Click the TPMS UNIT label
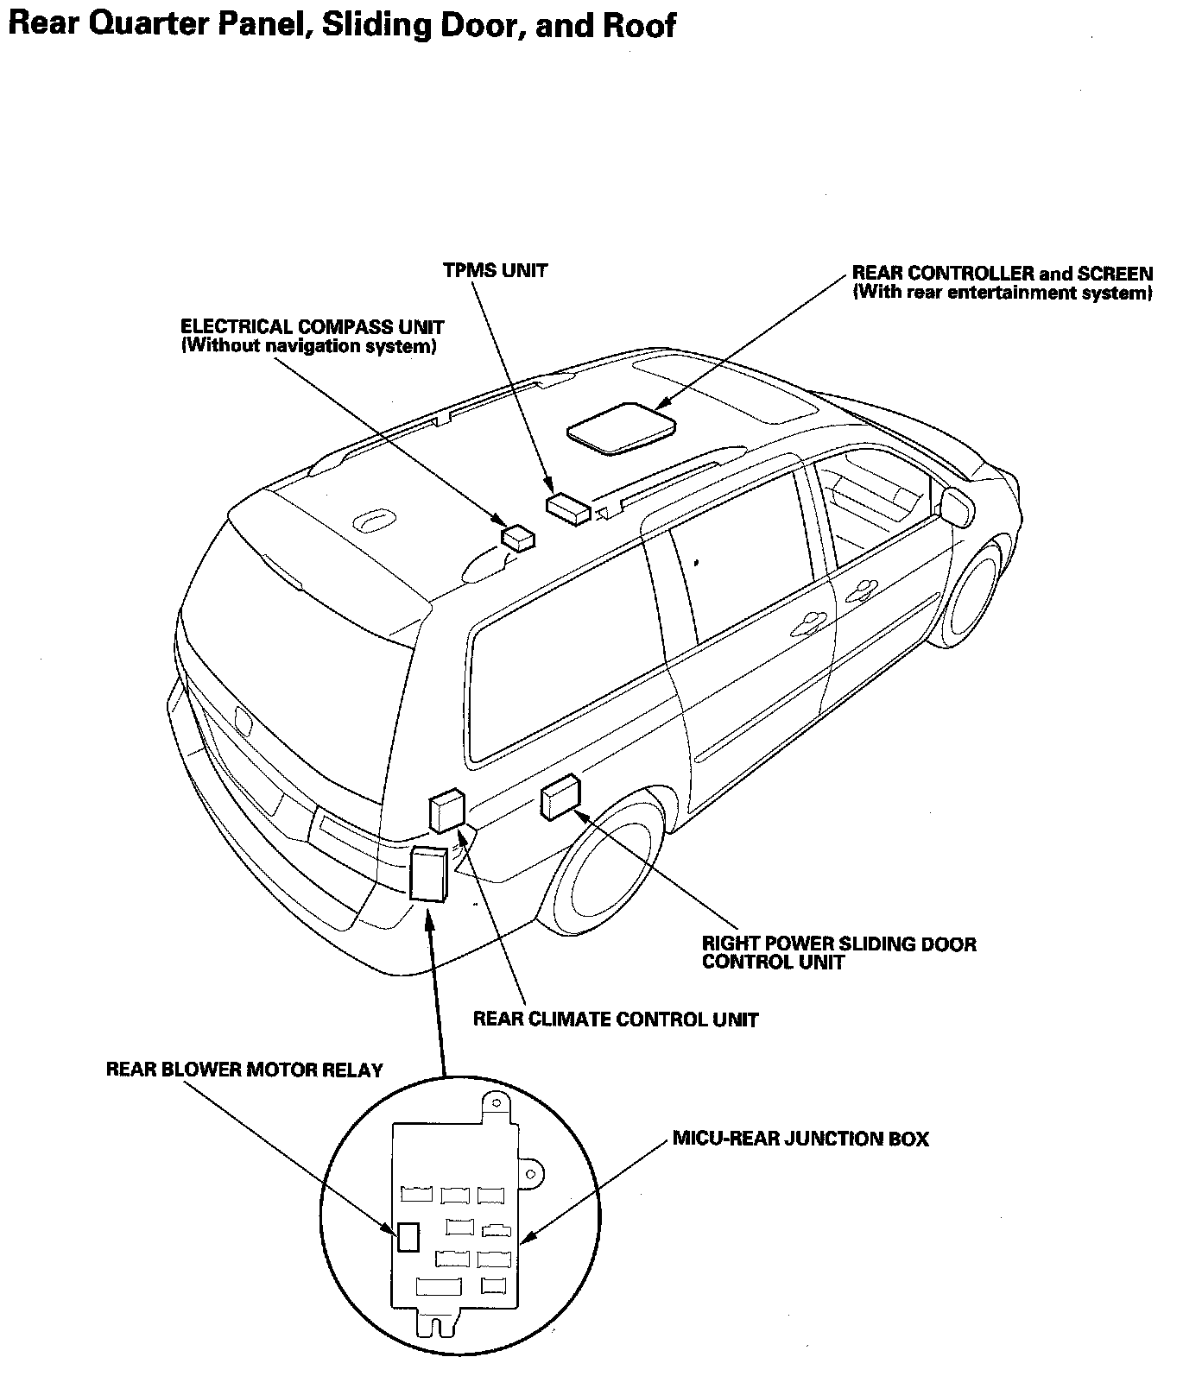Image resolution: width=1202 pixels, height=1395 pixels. pyautogui.click(x=495, y=270)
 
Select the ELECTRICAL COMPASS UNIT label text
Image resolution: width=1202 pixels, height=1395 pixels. pyautogui.click(x=313, y=327)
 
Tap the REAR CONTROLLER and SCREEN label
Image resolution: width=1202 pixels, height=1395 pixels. pyautogui.click(x=1003, y=274)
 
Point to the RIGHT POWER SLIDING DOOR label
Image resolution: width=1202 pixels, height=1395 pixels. pyautogui.click(x=838, y=944)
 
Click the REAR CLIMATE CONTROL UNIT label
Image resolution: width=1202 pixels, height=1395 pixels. pyautogui.click(x=615, y=1019)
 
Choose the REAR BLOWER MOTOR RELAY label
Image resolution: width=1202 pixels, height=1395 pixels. pyautogui.click(x=244, y=1070)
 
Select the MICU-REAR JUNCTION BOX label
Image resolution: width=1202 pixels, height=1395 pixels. pyautogui.click(x=800, y=1139)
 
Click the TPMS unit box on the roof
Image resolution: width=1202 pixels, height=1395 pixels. pyautogui.click(x=567, y=507)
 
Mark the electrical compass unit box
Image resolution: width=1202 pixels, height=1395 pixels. pyautogui.click(x=519, y=538)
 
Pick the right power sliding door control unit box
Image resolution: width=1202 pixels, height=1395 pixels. pyautogui.click(x=560, y=796)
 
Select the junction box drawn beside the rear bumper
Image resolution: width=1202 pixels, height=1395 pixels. pyautogui.click(x=428, y=873)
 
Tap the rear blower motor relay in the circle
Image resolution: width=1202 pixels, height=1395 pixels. pyautogui.click(x=408, y=1237)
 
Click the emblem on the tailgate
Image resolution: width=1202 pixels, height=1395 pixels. pyautogui.click(x=242, y=717)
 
